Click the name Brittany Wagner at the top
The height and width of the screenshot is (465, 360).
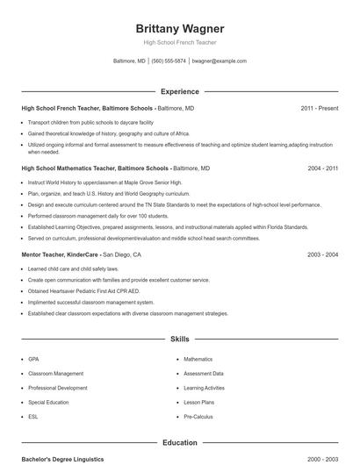pyautogui.click(x=180, y=28)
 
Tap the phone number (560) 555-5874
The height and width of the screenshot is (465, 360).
pyautogui.click(x=169, y=61)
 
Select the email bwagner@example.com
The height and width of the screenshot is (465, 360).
pyautogui.click(x=219, y=61)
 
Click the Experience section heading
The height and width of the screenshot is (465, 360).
pyautogui.click(x=180, y=91)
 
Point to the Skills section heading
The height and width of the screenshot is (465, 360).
pyautogui.click(x=180, y=338)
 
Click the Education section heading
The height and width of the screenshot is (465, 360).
pyautogui.click(x=180, y=443)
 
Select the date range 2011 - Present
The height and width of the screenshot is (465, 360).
pyautogui.click(x=319, y=108)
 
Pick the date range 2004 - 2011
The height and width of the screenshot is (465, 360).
pyautogui.click(x=322, y=168)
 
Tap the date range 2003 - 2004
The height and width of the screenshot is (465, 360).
pyautogui.click(x=322, y=254)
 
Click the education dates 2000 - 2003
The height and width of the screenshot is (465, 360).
pyautogui.click(x=322, y=459)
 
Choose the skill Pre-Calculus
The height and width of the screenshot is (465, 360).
pyautogui.click(x=199, y=416)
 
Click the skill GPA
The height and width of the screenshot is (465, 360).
pyautogui.click(x=33, y=359)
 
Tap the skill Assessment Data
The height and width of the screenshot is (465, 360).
pyautogui.click(x=204, y=373)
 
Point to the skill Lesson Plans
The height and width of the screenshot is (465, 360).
pyautogui.click(x=199, y=402)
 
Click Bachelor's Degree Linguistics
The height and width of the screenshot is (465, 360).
pyautogui.click(x=62, y=459)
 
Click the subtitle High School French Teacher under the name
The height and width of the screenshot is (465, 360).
pyautogui.click(x=180, y=42)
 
